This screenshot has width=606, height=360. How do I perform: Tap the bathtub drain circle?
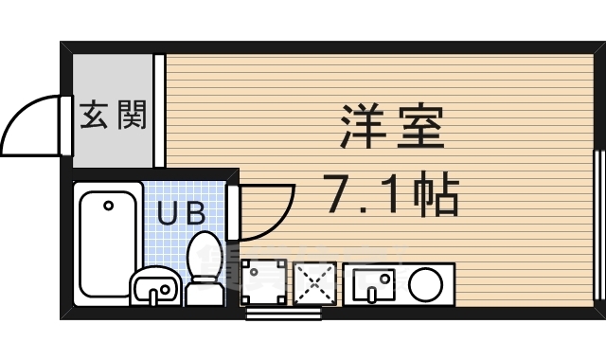pos(108,204)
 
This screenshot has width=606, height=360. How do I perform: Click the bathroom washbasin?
pos(153,286)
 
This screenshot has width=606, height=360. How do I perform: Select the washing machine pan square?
pos(262,282)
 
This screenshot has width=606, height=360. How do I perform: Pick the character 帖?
pos(437,197)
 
